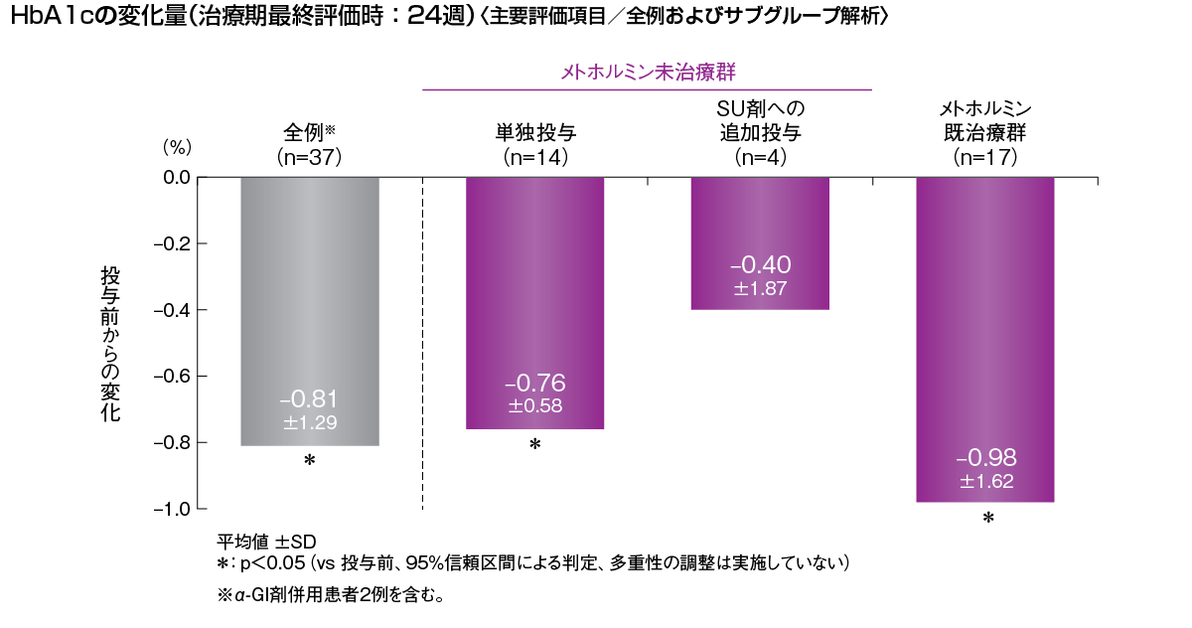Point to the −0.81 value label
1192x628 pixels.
pyautogui.click(x=310, y=399)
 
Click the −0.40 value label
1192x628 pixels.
pyautogui.click(x=760, y=265)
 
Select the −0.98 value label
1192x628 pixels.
pyautogui.click(x=986, y=459)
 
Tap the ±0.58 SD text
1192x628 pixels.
pyautogui.click(x=535, y=405)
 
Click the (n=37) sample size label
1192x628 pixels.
pyautogui.click(x=310, y=156)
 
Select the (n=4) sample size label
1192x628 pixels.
pyautogui.click(x=761, y=156)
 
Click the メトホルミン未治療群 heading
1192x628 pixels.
pyautogui.click(x=648, y=72)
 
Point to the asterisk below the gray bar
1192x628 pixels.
pyautogui.click(x=309, y=461)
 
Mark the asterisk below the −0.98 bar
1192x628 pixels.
pyautogui.click(x=987, y=520)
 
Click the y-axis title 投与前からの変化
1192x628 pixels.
pyautogui.click(x=110, y=344)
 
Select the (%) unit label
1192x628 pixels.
pyautogui.click(x=176, y=147)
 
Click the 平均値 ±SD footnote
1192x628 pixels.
pyautogui.click(x=266, y=542)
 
